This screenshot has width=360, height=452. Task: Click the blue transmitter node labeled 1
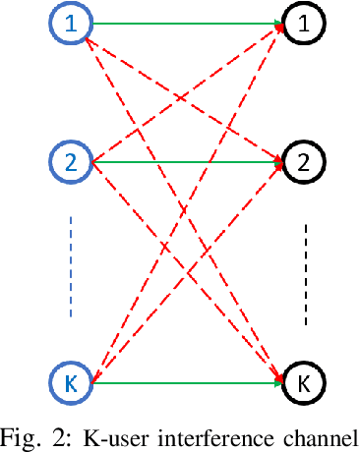[71, 27]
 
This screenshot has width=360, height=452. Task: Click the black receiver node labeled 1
[303, 27]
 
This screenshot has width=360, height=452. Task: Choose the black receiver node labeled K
[303, 381]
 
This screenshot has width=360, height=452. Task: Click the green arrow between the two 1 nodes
[187, 27]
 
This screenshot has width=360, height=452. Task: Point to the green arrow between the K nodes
[187, 382]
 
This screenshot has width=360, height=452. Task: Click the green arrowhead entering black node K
[279, 382]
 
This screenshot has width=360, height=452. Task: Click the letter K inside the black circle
[303, 381]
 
